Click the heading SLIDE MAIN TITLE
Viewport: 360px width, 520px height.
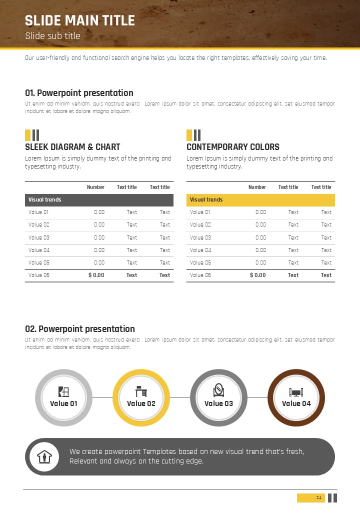(80, 20)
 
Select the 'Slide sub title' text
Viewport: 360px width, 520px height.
(52, 36)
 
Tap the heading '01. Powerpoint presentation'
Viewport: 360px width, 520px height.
(79, 93)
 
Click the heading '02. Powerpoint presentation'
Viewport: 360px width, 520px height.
(80, 329)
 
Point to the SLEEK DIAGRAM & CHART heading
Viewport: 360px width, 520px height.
(72, 147)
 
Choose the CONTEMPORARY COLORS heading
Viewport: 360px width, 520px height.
(233, 147)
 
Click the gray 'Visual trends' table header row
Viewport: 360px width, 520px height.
(99, 200)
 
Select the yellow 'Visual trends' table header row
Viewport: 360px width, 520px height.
(260, 200)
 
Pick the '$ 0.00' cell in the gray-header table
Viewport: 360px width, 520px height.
(96, 275)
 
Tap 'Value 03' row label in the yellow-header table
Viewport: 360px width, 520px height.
(200, 237)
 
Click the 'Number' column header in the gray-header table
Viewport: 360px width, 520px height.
(95, 187)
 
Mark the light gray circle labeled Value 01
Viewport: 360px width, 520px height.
(63, 398)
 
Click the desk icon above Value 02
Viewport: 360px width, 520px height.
(141, 391)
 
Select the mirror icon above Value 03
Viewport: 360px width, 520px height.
(218, 390)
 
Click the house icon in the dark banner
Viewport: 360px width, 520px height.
(44, 457)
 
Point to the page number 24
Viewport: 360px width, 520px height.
(318, 497)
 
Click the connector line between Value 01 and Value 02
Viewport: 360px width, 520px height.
(102, 398)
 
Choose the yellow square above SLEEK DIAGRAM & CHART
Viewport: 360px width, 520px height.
(27, 135)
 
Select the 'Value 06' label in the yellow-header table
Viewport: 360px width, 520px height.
(200, 275)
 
